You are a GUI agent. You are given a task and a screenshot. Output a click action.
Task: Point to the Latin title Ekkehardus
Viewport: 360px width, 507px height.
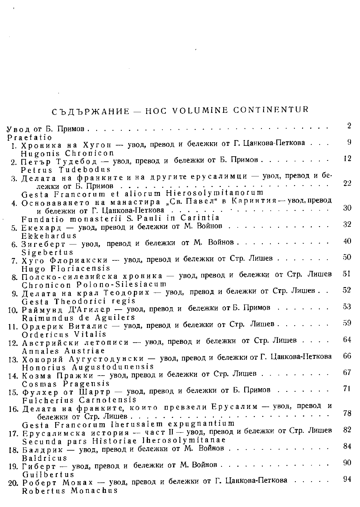[x=49, y=235]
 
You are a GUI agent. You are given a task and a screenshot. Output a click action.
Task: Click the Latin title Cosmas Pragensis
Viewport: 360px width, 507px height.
[x=66, y=384]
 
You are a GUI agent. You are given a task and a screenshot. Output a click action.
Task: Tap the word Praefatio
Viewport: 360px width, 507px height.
[x=29, y=137]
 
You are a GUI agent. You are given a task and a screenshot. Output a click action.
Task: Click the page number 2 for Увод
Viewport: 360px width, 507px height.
[x=349, y=126]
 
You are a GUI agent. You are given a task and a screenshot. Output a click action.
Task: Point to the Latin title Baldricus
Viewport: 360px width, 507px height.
[x=45, y=458]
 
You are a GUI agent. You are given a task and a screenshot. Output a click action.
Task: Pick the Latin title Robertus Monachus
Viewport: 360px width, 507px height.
[x=70, y=491]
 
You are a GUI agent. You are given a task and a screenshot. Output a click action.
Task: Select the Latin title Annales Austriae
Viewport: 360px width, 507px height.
[x=64, y=351]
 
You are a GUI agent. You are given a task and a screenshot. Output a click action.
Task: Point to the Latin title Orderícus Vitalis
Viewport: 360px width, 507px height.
[x=64, y=334]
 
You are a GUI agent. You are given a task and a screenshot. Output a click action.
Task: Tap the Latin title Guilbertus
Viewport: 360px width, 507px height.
[x=48, y=475]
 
